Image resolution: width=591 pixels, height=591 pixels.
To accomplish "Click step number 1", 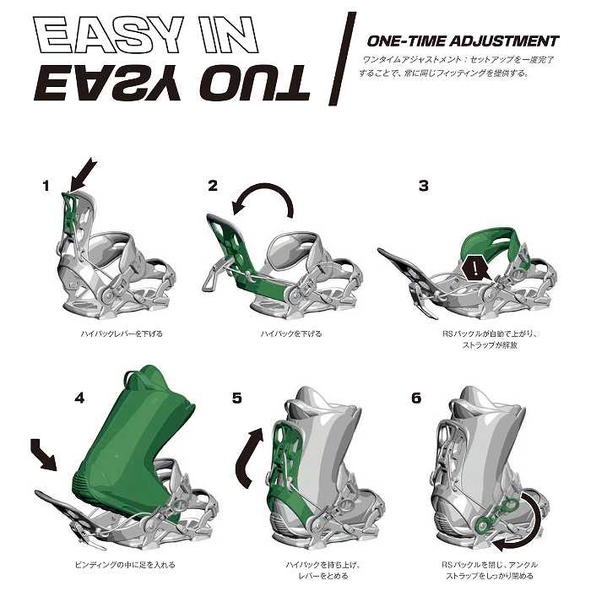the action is tap(46, 187).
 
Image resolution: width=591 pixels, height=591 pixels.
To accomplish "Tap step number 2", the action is tap(213, 186).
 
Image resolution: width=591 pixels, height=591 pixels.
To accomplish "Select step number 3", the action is tap(424, 186).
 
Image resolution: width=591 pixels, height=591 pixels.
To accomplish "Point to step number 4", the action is tap(79, 398).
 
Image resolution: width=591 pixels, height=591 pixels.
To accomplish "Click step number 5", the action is tap(237, 398).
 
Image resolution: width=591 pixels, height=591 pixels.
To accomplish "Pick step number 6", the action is tap(416, 398).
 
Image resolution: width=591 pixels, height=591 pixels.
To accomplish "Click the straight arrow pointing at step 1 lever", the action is tap(83, 176).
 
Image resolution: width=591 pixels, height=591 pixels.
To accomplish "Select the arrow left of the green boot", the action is tap(44, 454).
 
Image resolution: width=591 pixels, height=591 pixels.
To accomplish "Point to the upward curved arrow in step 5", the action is tap(247, 458).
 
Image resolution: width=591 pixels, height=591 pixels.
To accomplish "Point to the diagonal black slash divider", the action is tap(342, 58).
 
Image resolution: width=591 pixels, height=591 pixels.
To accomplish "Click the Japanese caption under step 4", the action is tap(126, 565).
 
